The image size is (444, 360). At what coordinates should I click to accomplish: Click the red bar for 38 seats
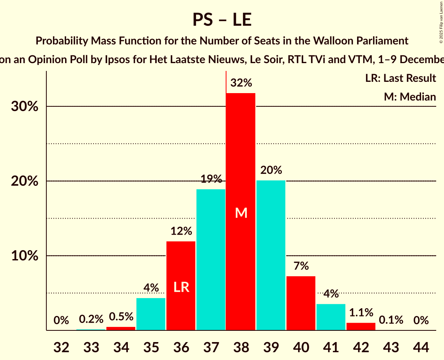(241, 156)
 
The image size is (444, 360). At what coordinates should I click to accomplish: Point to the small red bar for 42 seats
(361, 326)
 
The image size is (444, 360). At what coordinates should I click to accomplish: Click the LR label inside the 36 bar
(181, 288)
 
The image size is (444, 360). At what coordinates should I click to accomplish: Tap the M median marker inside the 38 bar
(241, 213)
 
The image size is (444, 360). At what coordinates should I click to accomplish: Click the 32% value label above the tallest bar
(241, 83)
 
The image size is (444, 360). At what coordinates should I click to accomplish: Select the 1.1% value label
(361, 312)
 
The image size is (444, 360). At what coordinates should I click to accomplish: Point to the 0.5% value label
(121, 317)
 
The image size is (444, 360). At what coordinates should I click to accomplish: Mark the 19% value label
(211, 179)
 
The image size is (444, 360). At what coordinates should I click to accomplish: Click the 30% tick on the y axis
(25, 106)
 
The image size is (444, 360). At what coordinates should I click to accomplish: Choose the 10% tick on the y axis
(25, 256)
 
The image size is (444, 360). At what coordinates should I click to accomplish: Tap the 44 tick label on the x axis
(421, 347)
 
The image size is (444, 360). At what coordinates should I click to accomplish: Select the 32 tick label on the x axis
(61, 347)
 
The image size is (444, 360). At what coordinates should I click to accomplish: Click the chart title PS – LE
(222, 19)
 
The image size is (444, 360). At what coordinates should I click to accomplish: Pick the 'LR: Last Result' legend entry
(400, 78)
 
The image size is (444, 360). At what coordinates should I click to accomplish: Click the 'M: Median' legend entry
(410, 97)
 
